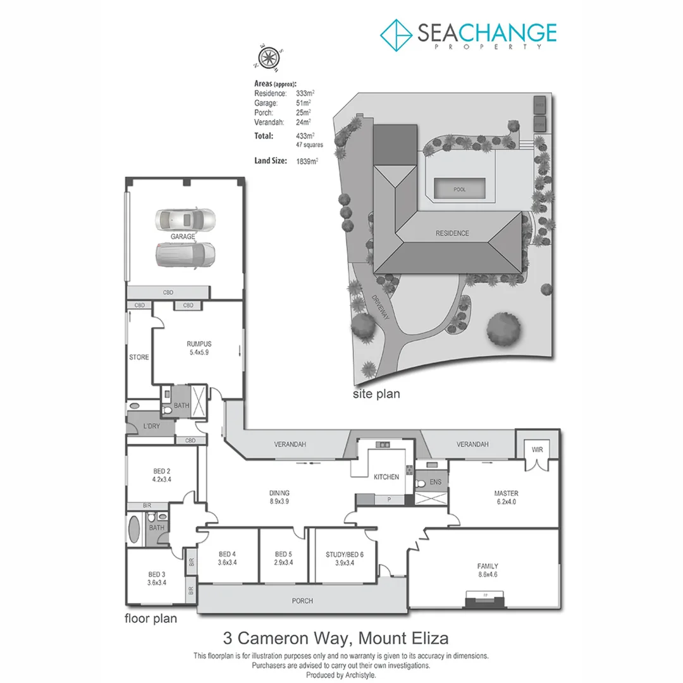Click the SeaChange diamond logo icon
point(395,35)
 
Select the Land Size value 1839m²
point(307,161)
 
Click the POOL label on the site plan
point(460,189)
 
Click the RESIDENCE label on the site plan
point(452,233)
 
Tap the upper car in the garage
point(185,219)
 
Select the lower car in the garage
point(185,254)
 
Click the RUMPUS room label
point(199,344)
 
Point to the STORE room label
point(139,357)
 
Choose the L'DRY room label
point(151,426)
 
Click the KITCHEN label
point(386,477)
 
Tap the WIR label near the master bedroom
point(538,450)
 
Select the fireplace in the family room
point(485,598)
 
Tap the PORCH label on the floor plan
point(302,601)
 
